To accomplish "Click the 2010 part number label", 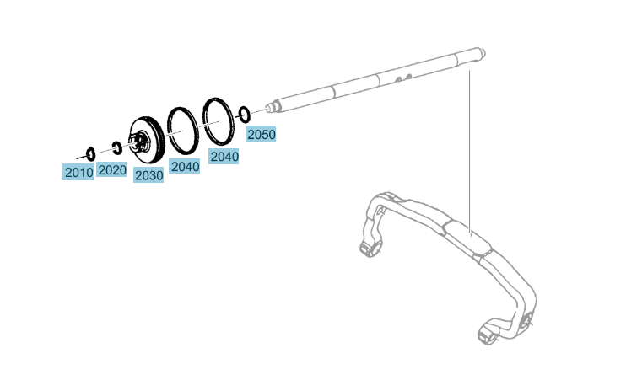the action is [x=78, y=172].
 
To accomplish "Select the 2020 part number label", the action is [x=111, y=170].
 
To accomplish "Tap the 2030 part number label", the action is [x=148, y=175].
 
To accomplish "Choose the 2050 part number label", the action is [x=261, y=134].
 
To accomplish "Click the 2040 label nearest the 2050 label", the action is [x=224, y=157].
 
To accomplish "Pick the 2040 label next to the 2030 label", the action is [x=185, y=166].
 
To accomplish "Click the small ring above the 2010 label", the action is [x=91, y=153].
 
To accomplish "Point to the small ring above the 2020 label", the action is [x=117, y=147].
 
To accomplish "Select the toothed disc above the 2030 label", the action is [x=147, y=140].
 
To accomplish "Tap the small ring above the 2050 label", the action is [x=245, y=115].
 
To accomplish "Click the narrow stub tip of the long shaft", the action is [x=270, y=108].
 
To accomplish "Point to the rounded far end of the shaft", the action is [x=482, y=53].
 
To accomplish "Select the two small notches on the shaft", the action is [x=403, y=78].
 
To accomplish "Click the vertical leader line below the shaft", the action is [x=470, y=152].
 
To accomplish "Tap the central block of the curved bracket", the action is [x=467, y=237].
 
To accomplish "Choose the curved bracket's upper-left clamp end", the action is [x=372, y=248].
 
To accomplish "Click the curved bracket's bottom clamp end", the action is [x=488, y=335].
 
